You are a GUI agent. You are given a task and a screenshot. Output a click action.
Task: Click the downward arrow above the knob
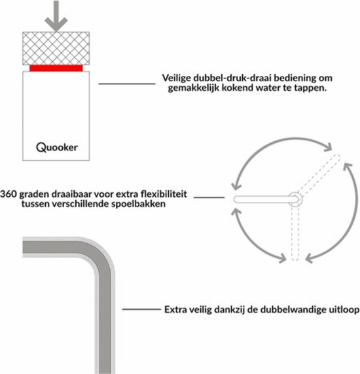(56, 16)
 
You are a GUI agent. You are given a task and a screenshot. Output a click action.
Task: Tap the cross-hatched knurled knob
(56, 48)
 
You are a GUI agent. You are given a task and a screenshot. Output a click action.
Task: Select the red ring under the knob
(56, 68)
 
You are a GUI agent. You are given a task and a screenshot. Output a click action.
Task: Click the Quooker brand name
(57, 147)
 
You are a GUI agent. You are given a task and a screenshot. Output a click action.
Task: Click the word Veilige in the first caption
(177, 78)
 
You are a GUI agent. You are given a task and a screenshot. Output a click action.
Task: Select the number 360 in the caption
(9, 194)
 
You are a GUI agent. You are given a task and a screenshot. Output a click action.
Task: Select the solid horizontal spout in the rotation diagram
(266, 199)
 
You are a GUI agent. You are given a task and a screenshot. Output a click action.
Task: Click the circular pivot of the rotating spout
(296, 199)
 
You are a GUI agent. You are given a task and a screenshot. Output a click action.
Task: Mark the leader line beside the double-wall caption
(141, 309)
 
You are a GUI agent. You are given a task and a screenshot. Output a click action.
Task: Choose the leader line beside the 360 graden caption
(209, 197)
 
